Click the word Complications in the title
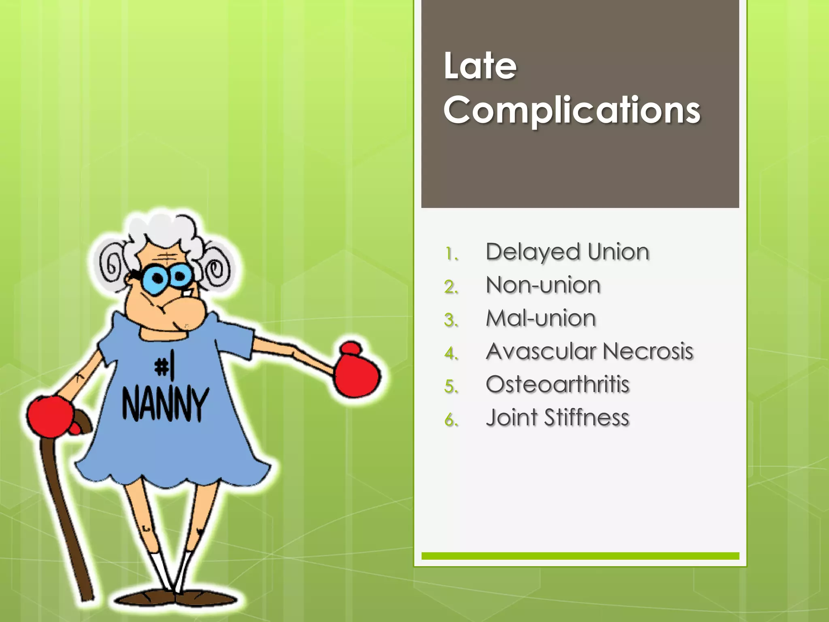pos(572,111)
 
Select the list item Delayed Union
pos(567,252)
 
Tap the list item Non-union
pos(543,285)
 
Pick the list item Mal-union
pos(541,318)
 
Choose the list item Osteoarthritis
pos(557,384)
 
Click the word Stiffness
pos(587,418)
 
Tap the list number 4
pos(451,354)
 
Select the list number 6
pos(451,420)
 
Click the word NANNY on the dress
pos(166,404)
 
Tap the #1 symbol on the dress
pos(164,366)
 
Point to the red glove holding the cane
pos(50,416)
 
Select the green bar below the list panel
pos(580,556)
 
